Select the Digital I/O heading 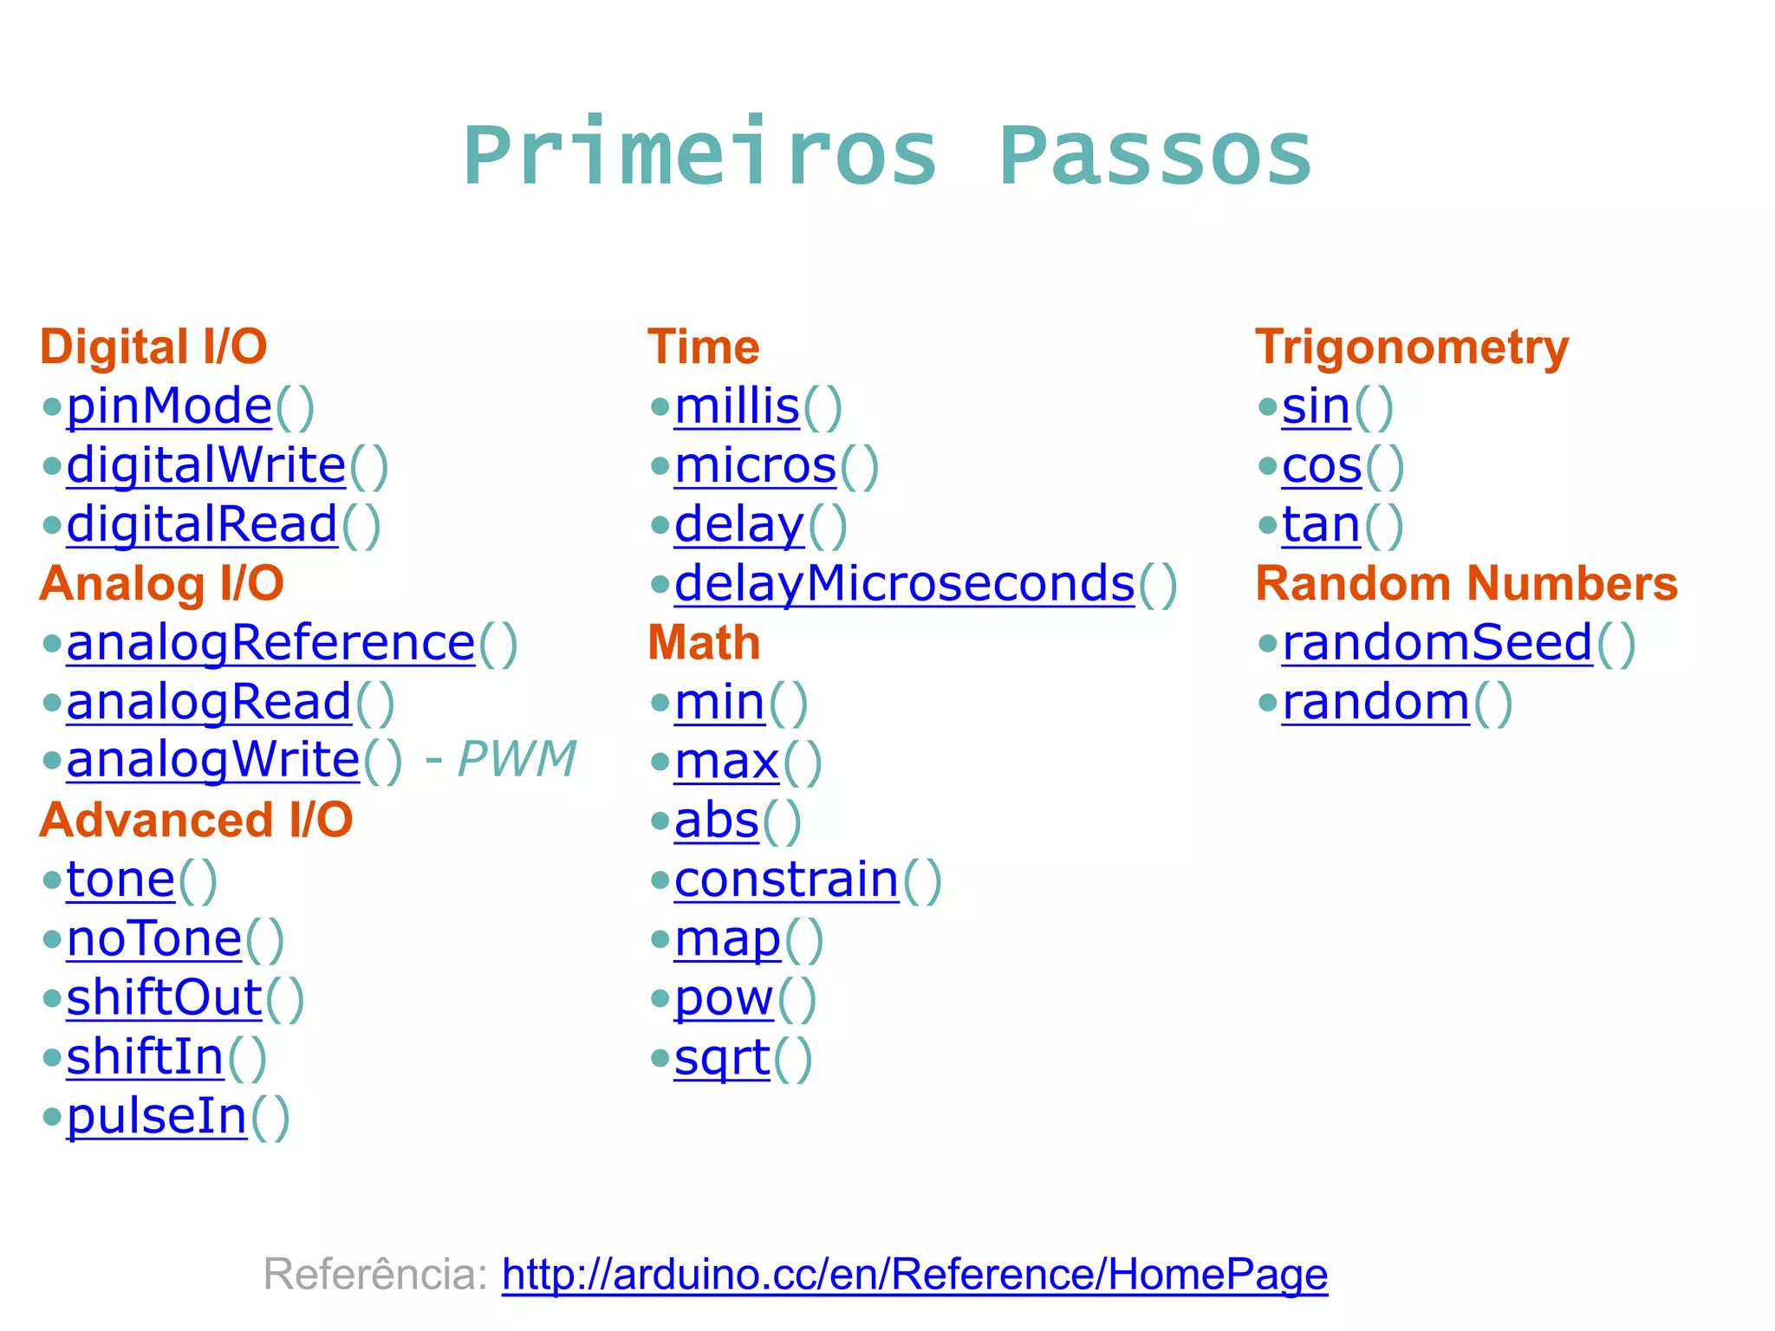coord(153,347)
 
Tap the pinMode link coord(169,406)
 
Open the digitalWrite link coord(206,465)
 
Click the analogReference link coord(270,643)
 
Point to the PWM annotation coord(517,760)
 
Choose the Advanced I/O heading coord(196,820)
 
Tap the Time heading coord(703,347)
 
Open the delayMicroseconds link coord(904,583)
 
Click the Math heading coord(703,643)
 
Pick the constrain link coord(786,880)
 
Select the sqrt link coord(722,1058)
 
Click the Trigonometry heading coord(1411,347)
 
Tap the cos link coord(1322,465)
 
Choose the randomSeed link coord(1437,643)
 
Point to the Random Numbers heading coord(1466,583)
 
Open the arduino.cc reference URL coord(914,1275)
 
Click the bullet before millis coord(660,406)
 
